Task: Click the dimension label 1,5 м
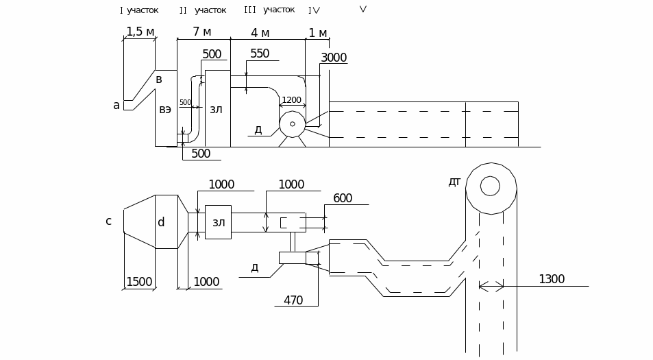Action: [x=140, y=32]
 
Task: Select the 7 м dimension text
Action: [x=202, y=32]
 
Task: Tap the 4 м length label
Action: [x=260, y=33]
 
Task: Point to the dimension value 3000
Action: [x=334, y=58]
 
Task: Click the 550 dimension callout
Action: [x=260, y=53]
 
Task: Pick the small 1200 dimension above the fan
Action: [x=291, y=100]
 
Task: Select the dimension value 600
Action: [x=343, y=198]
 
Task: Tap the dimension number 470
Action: [x=293, y=300]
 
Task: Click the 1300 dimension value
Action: [x=552, y=279]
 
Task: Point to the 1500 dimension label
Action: [x=139, y=282]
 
